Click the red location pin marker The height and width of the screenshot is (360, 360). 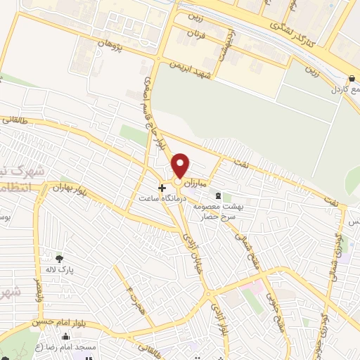(181, 165)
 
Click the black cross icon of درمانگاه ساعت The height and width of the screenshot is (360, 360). (162, 188)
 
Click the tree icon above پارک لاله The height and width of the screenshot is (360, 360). (58, 258)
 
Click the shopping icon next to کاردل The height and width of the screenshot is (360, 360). (351, 79)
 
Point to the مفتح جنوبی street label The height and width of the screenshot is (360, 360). (269, 303)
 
